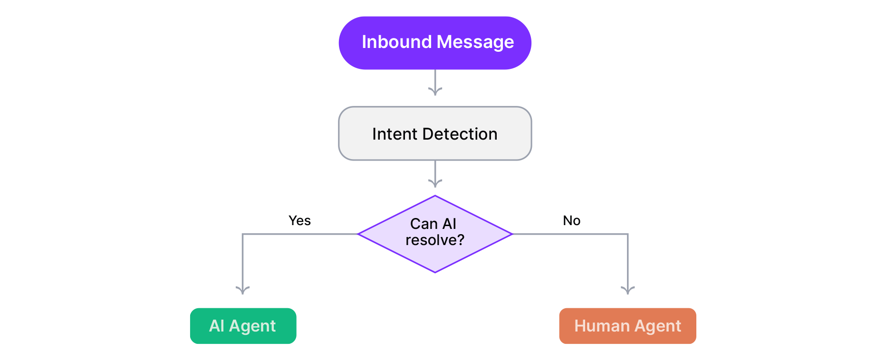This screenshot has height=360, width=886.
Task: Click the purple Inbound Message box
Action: point(435,43)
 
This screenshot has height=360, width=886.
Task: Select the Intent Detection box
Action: point(435,133)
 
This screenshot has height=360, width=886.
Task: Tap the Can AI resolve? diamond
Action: point(435,234)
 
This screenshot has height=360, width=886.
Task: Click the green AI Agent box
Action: point(243,326)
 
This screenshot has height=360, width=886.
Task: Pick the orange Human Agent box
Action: point(627,326)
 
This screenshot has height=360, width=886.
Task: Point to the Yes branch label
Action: point(299,220)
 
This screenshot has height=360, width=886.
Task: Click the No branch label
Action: point(571,220)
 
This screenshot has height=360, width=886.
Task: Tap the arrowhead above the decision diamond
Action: point(435,183)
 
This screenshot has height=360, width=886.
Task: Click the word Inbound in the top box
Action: point(396,42)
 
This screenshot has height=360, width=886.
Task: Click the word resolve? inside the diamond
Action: point(435,240)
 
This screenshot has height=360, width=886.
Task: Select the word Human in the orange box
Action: point(602,326)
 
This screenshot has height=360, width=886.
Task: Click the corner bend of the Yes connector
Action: point(243,234)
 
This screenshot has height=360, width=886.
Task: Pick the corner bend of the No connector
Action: point(627,234)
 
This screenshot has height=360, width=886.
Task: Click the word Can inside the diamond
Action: point(424,224)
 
